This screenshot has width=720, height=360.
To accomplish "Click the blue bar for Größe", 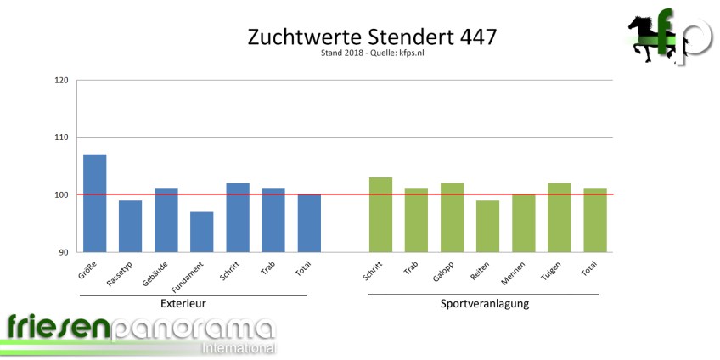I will click(94, 203).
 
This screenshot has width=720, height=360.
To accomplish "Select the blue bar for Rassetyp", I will click(130, 226).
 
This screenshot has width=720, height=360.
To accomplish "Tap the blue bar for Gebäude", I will click(166, 220).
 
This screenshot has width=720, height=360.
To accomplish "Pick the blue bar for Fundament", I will click(201, 232).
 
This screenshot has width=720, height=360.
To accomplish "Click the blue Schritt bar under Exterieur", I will click(237, 217).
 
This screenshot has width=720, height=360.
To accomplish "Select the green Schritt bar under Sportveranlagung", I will click(381, 214).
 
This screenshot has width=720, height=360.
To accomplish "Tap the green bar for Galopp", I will click(453, 217).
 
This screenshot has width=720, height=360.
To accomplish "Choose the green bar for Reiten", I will click(487, 226).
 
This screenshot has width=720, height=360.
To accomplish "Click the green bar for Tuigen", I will click(559, 217).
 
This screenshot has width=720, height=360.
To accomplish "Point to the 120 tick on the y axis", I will click(61, 81).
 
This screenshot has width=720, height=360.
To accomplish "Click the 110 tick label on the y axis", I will click(61, 138).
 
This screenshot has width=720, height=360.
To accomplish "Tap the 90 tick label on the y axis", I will click(64, 252).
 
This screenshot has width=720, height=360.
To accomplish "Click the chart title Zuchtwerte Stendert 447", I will click(371, 37).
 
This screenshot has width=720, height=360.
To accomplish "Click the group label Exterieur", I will click(183, 304).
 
